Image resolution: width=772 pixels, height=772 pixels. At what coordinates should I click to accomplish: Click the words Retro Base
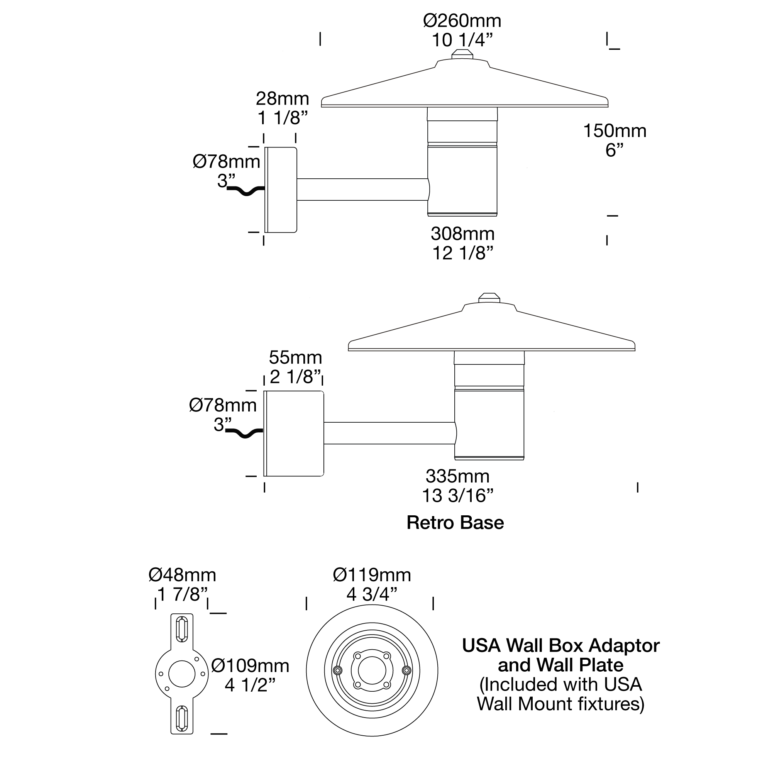[x=455, y=523]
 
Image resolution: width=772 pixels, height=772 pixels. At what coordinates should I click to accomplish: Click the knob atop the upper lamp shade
[x=462, y=54]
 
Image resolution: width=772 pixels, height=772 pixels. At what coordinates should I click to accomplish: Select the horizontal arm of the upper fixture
[x=362, y=190]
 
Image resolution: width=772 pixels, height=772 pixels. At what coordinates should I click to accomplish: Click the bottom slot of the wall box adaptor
[x=182, y=718]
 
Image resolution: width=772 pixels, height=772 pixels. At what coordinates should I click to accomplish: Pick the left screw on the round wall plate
[x=338, y=670]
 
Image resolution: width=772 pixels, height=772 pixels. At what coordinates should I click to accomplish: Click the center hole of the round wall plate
[x=372, y=670]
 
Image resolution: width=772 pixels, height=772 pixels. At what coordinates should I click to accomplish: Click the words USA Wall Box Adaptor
[x=560, y=646]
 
